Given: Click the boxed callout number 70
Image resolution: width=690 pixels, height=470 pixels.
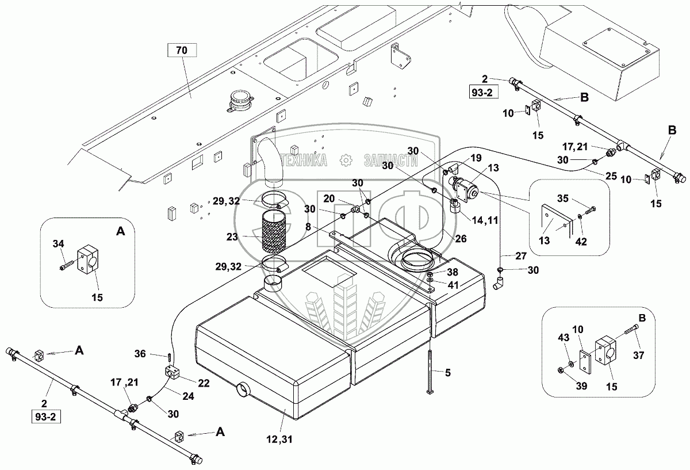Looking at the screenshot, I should [x=182, y=51].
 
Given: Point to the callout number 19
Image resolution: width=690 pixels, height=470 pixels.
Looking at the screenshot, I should [x=476, y=158].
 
